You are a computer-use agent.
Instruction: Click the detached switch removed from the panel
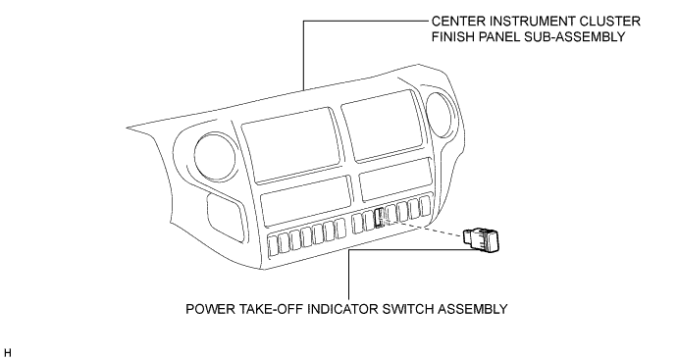tap(482, 237)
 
